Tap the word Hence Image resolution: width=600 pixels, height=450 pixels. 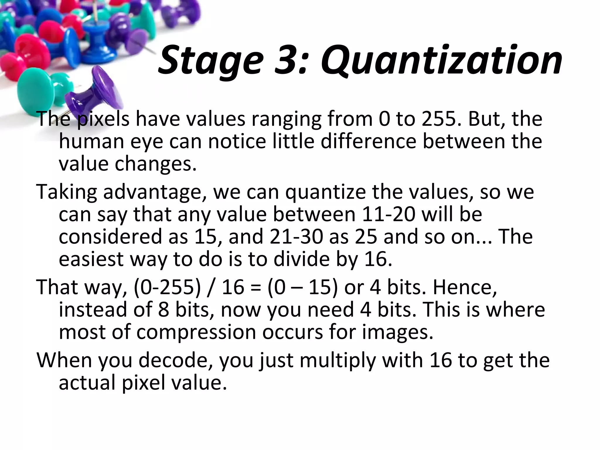[x=465, y=287]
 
